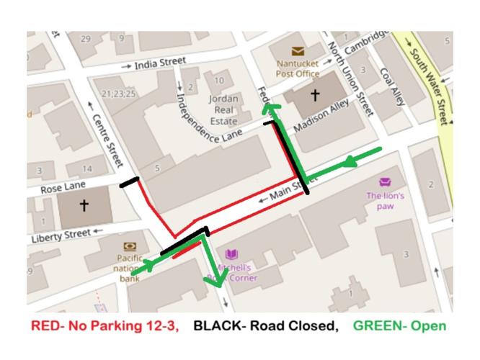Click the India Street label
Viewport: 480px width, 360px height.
point(159,63)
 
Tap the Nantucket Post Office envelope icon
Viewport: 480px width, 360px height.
point(297,51)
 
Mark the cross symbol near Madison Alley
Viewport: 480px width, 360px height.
point(314,94)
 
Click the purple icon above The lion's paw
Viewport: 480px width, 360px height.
point(384,182)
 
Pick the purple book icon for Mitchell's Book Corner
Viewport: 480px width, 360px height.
point(231,254)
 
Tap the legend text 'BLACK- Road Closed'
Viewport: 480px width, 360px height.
point(264,326)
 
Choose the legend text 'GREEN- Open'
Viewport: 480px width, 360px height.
point(401,326)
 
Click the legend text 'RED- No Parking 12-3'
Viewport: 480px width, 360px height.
point(104,326)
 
